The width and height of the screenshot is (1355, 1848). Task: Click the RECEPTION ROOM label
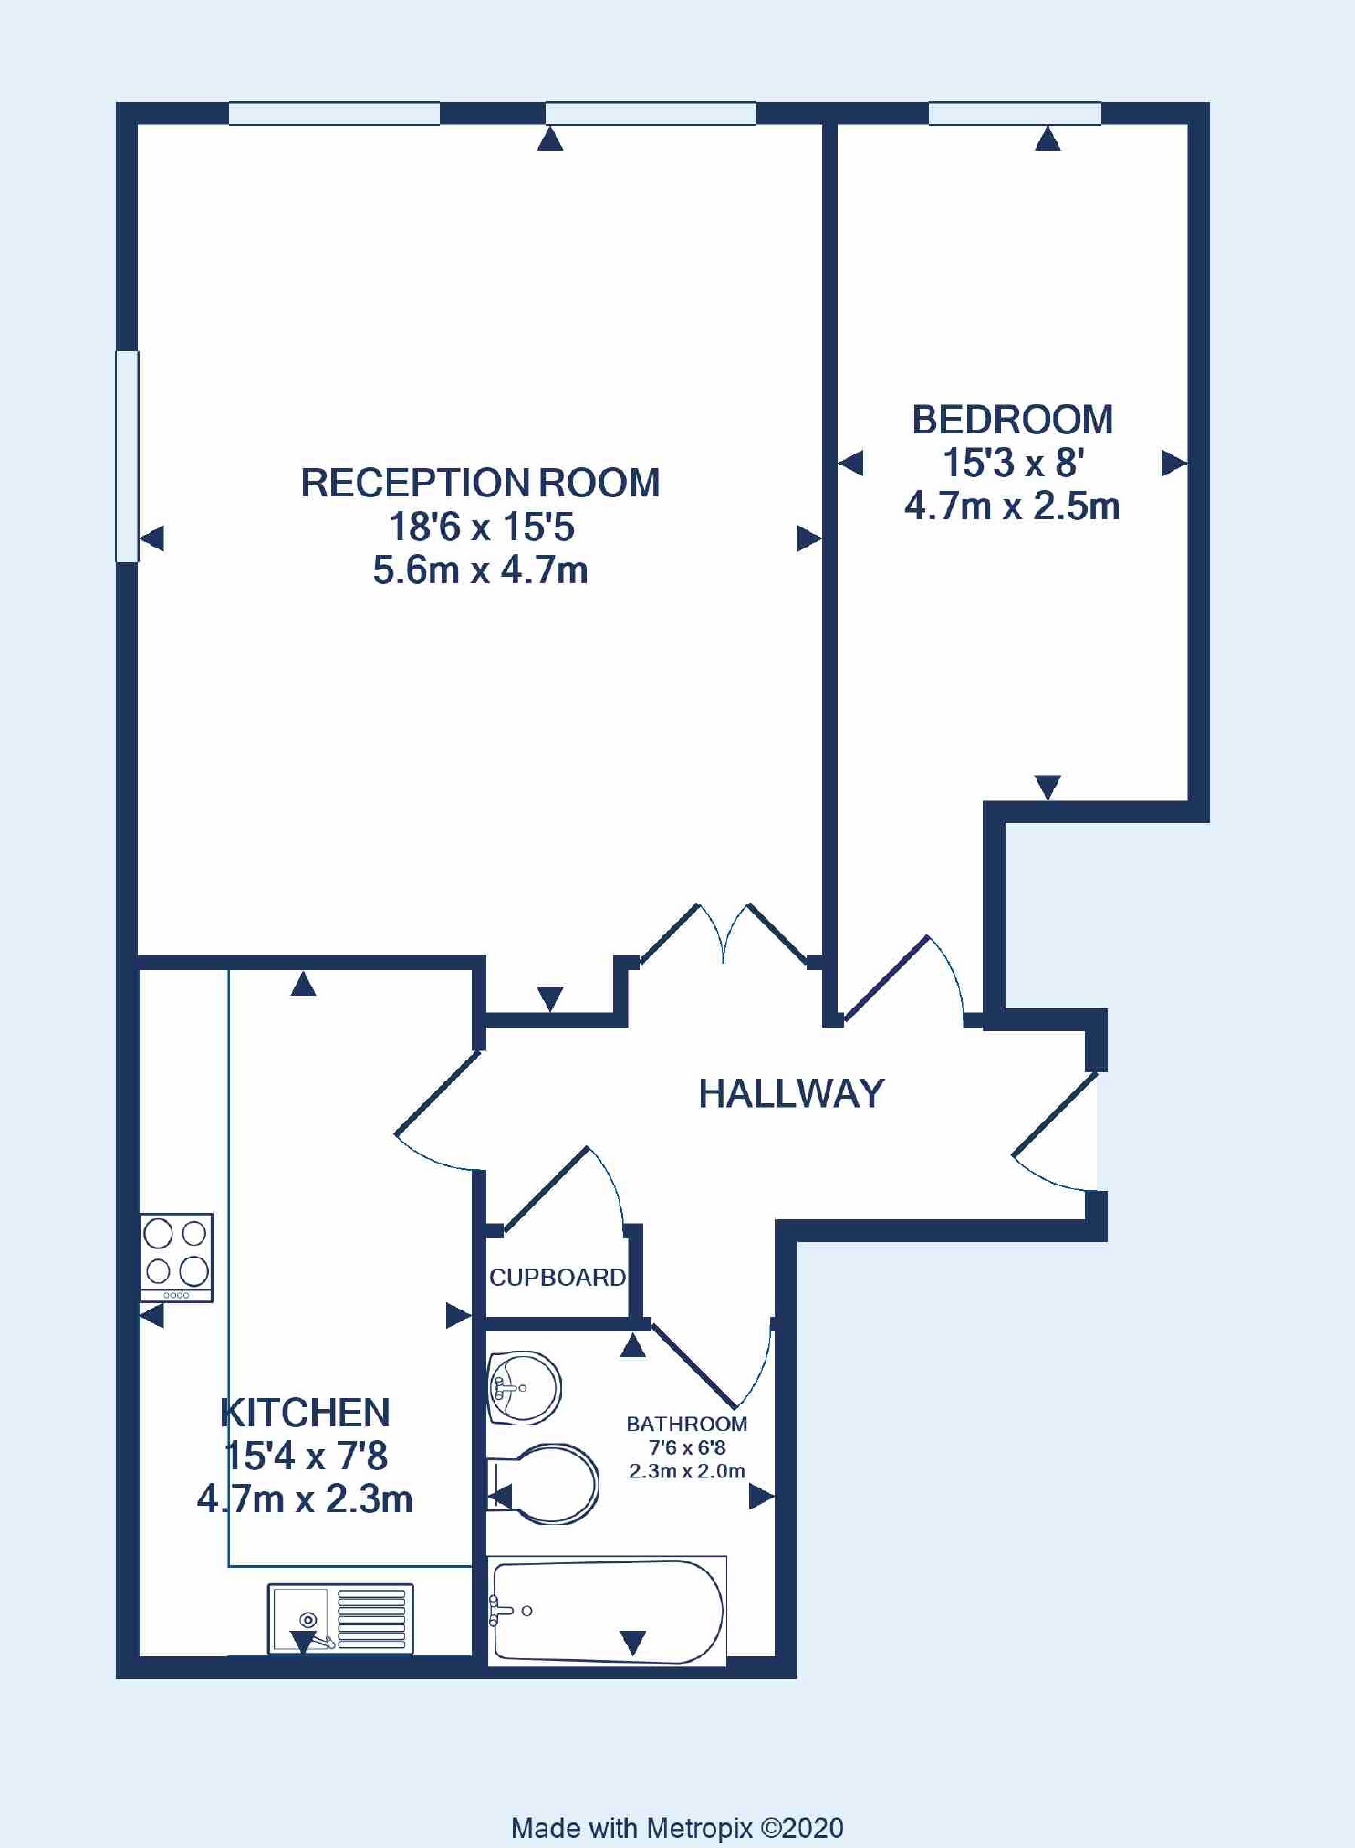pos(480,483)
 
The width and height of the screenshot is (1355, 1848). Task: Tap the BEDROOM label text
pos(1012,420)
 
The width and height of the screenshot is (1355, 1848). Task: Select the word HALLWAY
pos(791,1093)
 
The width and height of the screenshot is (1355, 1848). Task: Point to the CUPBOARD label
pos(558,1277)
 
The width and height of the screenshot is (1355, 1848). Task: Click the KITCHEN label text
pos(305,1413)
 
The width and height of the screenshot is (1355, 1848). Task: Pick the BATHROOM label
pos(686,1424)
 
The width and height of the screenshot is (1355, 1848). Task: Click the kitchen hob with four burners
pos(176,1258)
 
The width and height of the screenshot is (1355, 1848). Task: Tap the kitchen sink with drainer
pos(340,1619)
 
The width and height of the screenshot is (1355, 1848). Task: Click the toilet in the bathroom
pos(544,1484)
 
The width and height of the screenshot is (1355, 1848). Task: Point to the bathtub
pos(607,1612)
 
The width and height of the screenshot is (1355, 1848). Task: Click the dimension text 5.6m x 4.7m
pos(480,570)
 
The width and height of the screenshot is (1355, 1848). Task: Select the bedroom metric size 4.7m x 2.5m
pos(1012,506)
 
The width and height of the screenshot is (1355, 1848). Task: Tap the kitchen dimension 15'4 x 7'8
pos(306,1456)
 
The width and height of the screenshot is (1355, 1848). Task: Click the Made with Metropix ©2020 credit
pos(677,1828)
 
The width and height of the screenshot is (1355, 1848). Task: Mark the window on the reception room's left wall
pos(127,456)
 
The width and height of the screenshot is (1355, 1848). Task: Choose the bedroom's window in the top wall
pos(1015,113)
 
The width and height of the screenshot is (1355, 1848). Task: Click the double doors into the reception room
pos(724,934)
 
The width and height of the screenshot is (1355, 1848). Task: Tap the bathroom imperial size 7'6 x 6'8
pos(686,1447)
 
